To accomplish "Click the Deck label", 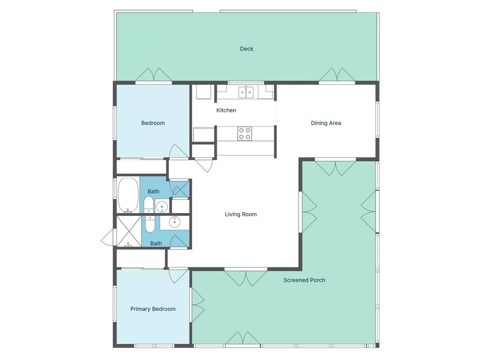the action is [246, 49].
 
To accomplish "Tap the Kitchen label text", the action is [226, 110].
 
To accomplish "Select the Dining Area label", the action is [326, 123].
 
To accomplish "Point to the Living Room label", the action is [241, 214].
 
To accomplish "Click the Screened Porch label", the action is [304, 280].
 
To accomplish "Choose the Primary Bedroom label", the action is [153, 309].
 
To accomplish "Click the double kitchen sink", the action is [246, 92].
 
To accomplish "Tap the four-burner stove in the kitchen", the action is [244, 133].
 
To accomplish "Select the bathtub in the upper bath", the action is [128, 195].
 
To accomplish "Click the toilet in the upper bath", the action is [149, 204].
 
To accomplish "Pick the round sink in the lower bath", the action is [174, 222].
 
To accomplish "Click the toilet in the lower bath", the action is [150, 224].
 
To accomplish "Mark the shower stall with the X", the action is [129, 232].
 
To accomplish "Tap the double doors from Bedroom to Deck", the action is [153, 75].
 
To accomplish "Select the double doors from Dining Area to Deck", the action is [337, 75].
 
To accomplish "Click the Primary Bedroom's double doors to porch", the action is [198, 305].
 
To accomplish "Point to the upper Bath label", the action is [153, 192].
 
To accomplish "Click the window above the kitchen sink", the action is [246, 82].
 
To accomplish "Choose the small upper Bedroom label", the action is [153, 123].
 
